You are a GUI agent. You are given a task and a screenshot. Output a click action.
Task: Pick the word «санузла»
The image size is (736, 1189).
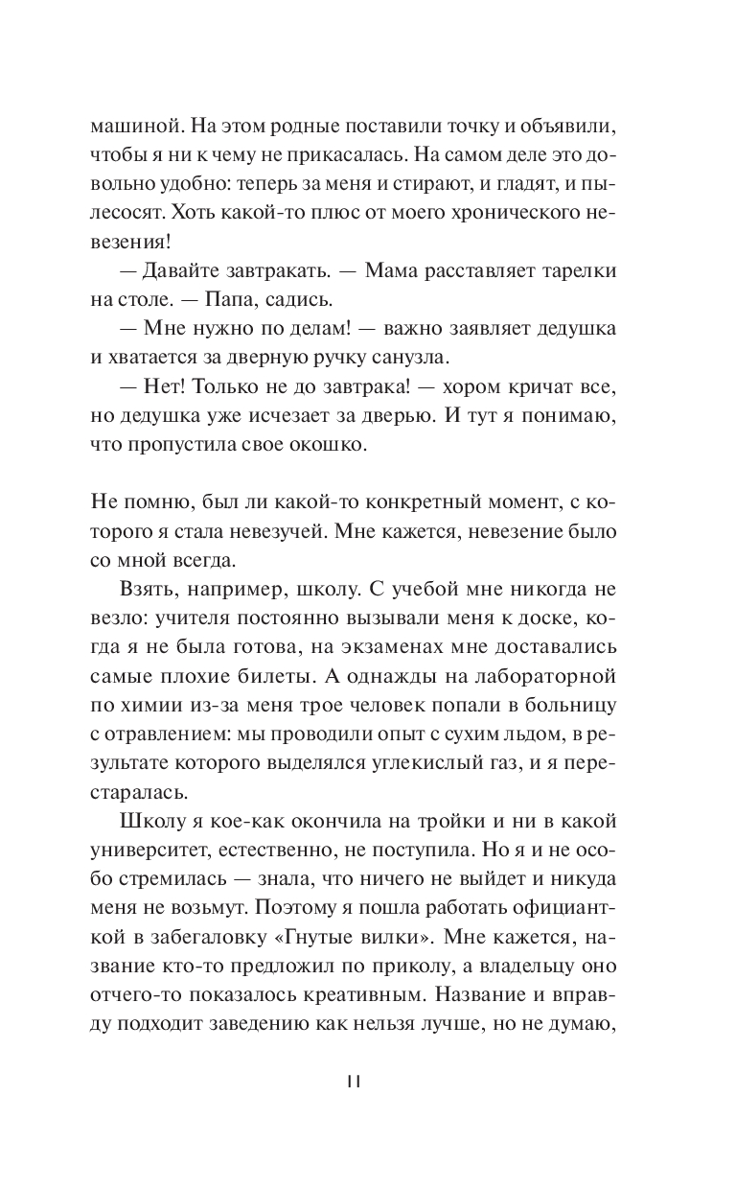tap(408, 357)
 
